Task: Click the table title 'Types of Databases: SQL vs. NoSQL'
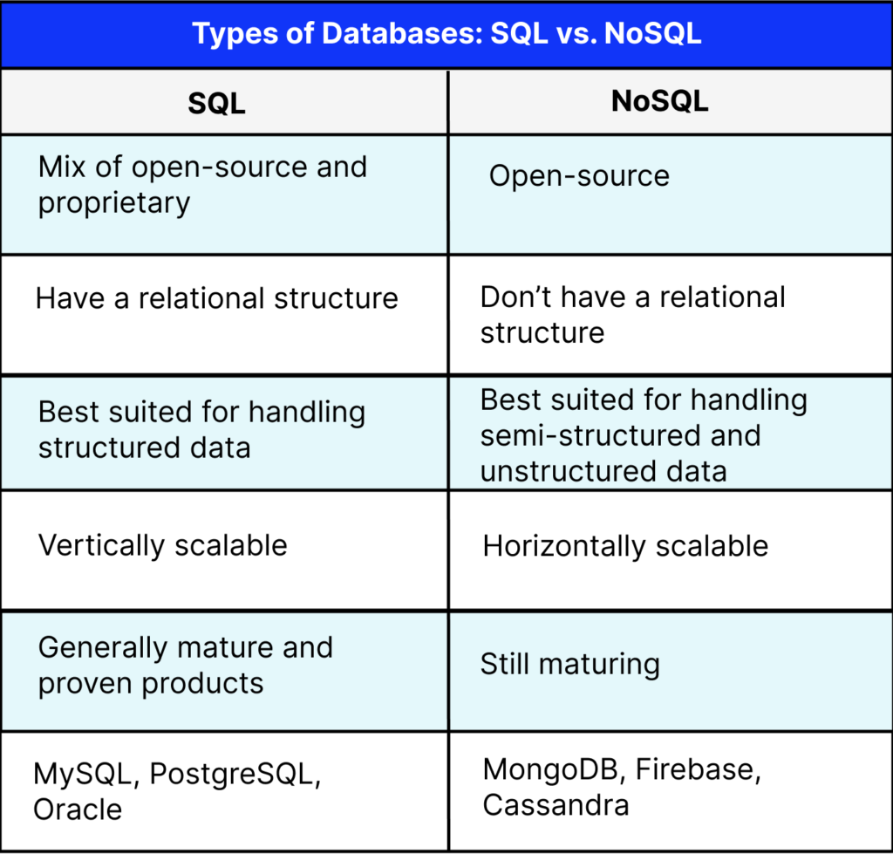coord(446,34)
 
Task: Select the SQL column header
coord(216,103)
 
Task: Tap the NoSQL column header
coord(659,101)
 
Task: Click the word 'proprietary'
coord(113,203)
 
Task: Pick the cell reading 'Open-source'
coord(579,175)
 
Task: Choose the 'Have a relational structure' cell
coord(216,298)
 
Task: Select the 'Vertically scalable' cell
coord(163,546)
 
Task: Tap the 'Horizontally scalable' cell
coord(625,547)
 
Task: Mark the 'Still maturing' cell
coord(569,665)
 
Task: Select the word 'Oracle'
coord(78,809)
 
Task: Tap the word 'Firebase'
coord(693,769)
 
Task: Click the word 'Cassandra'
coord(556,804)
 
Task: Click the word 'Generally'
coord(102,647)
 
